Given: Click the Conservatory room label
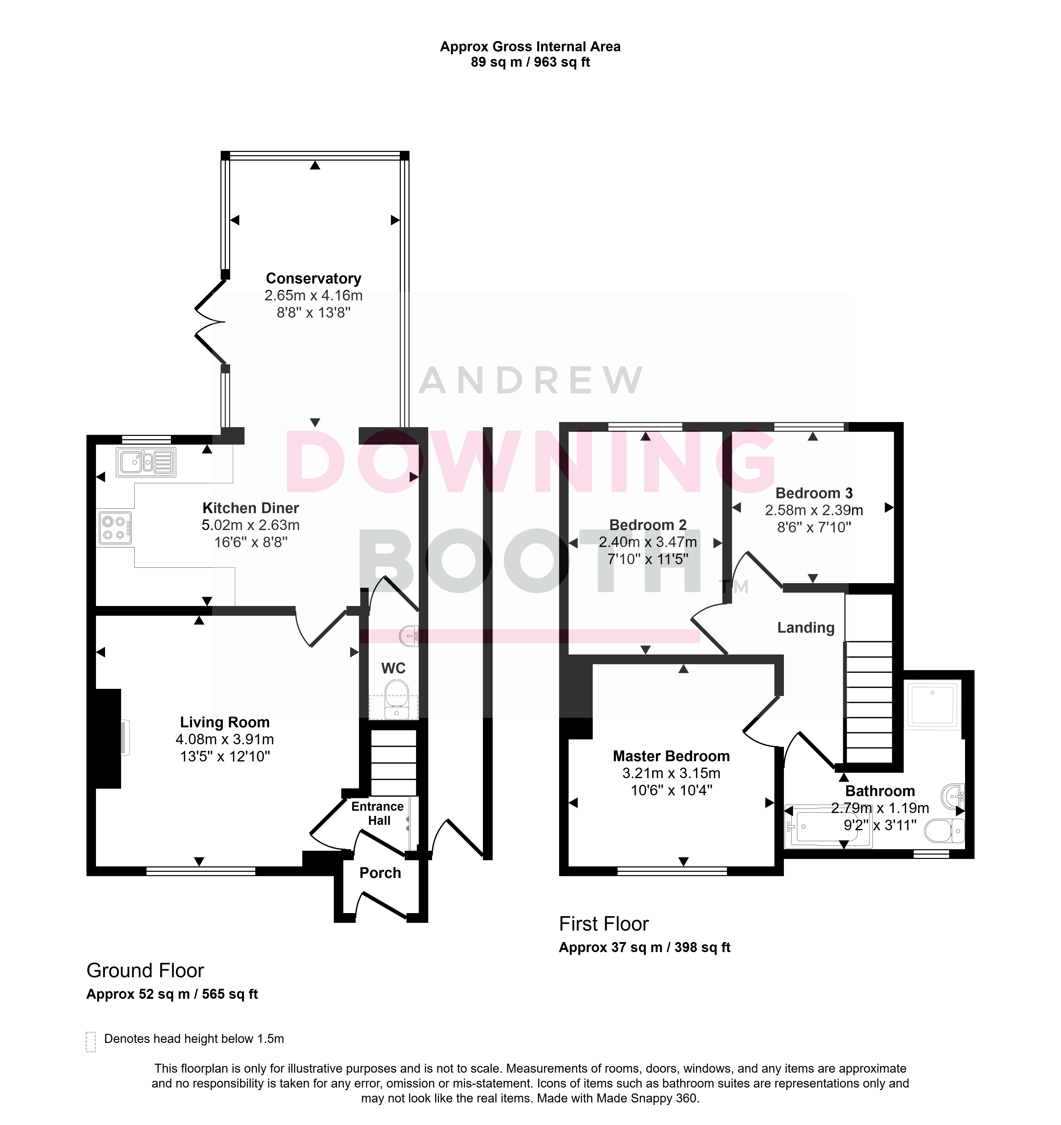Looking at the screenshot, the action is pyautogui.click(x=314, y=278).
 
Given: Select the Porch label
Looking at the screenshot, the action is pyautogui.click(x=380, y=873).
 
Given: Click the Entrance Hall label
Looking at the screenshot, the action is pyautogui.click(x=378, y=813).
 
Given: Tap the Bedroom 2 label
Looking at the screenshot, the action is pyautogui.click(x=648, y=525).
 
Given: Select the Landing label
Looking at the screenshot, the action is pyautogui.click(x=806, y=628).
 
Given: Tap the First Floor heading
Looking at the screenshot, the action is pyautogui.click(x=604, y=924).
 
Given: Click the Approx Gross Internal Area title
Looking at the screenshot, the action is pyautogui.click(x=530, y=47).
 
